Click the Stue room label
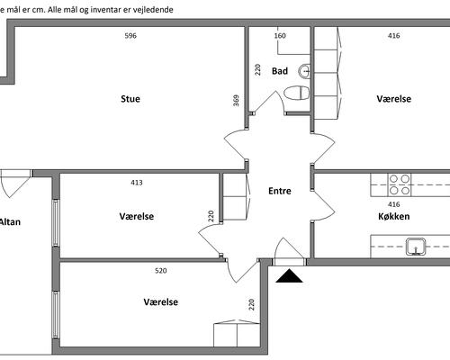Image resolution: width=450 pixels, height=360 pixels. (x=130, y=99)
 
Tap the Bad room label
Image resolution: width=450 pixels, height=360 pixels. (x=280, y=71)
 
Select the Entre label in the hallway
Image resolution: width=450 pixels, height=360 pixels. (x=280, y=191)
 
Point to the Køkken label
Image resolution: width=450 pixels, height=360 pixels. (x=394, y=216)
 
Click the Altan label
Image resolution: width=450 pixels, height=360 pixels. (x=10, y=222)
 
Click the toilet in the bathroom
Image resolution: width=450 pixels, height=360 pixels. (x=297, y=93)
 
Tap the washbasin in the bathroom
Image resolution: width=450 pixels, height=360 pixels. (x=304, y=71)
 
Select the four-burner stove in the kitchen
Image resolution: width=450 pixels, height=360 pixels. (x=400, y=184)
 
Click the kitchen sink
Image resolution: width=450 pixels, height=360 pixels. (x=416, y=247)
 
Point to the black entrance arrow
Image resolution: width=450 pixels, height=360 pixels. (x=289, y=276)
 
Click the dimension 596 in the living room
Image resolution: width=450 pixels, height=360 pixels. (x=130, y=36)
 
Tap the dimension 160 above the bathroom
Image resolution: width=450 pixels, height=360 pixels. (x=280, y=36)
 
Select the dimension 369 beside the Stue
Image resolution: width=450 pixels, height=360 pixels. (x=237, y=101)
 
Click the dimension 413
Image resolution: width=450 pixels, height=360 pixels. (x=137, y=183)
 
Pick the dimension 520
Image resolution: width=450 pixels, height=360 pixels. (x=161, y=271)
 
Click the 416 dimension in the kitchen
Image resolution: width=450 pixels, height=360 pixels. (x=394, y=204)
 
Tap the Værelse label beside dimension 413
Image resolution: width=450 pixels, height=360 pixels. (x=137, y=216)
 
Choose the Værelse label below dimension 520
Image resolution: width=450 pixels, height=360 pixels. (x=161, y=301)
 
